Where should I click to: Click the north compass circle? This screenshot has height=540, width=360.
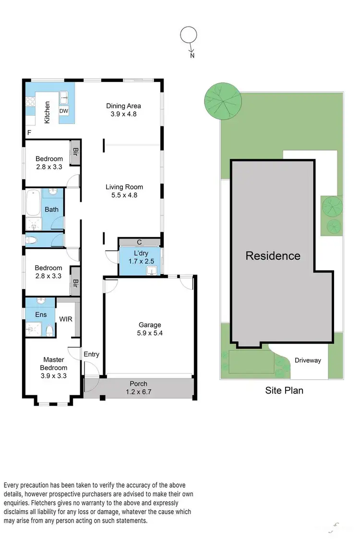(189, 35)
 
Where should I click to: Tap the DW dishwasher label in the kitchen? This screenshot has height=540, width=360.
(64, 111)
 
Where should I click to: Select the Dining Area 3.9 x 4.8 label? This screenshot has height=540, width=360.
(123, 110)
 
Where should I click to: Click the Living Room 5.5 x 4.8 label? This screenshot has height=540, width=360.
(124, 191)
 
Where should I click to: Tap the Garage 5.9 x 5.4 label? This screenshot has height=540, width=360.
(149, 329)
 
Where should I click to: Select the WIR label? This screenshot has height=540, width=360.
(66, 319)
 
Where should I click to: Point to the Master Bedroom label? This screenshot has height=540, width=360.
(54, 364)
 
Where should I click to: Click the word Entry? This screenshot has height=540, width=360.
(91, 354)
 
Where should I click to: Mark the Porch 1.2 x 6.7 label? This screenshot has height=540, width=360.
(138, 387)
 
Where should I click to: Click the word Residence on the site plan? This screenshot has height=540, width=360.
(273, 256)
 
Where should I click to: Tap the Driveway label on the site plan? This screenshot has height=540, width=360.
(308, 360)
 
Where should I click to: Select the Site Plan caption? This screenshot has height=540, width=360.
(284, 390)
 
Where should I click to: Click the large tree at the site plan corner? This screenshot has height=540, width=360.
(222, 100)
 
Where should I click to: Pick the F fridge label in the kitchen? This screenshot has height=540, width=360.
(29, 132)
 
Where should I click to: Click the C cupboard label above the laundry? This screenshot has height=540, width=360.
(139, 242)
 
